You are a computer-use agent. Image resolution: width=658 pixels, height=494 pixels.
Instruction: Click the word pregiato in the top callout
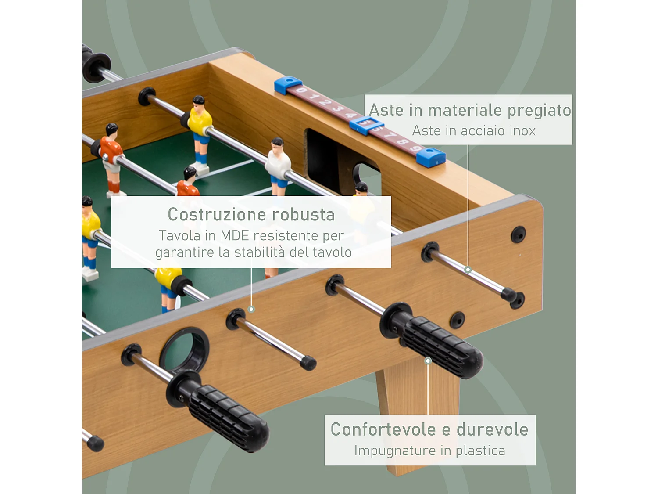(539, 111)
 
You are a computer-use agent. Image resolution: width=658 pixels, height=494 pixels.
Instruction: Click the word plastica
(480, 451)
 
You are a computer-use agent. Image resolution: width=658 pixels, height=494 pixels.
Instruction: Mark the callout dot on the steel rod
(468, 270)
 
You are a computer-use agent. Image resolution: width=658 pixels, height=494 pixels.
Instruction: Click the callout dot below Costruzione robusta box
(251, 309)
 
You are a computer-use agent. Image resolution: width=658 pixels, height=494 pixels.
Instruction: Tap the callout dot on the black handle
(428, 361)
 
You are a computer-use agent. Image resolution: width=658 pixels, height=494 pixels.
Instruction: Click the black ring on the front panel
(184, 349)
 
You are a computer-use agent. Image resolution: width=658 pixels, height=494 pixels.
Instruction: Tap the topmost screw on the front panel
(518, 234)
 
